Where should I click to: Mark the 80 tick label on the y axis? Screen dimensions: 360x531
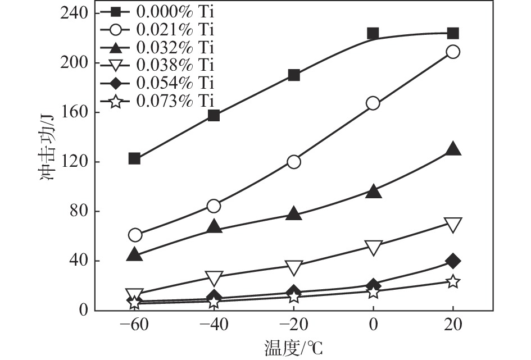81,212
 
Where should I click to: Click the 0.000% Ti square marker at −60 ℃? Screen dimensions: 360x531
134,159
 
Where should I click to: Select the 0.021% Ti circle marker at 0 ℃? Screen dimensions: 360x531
373,103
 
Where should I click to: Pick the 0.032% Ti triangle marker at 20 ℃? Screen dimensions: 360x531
453,149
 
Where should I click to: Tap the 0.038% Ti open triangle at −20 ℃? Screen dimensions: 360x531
293,267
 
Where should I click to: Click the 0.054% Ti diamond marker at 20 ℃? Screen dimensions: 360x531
453,261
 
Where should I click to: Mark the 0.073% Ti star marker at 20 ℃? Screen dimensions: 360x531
453,282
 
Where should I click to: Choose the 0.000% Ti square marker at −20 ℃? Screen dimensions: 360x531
293,75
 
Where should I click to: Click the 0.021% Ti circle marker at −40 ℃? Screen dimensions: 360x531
214,206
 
